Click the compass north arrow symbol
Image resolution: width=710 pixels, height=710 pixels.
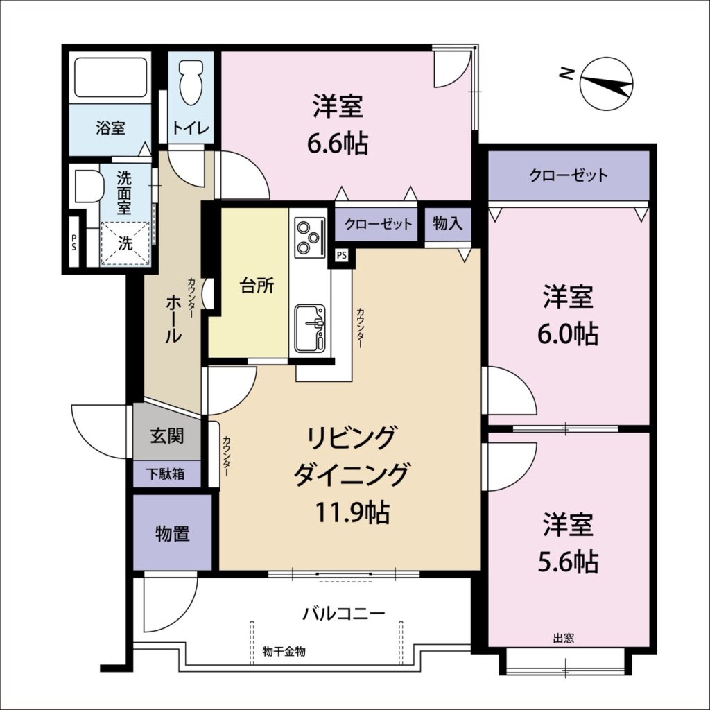click(x=606, y=83)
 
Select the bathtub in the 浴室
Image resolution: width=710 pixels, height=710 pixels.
click(x=110, y=77)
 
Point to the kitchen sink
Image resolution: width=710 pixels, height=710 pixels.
click(x=310, y=328)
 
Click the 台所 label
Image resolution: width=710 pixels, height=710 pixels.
click(x=257, y=286)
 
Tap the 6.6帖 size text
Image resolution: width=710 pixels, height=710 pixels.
click(x=338, y=144)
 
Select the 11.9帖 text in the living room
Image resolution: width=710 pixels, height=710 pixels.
click(x=352, y=512)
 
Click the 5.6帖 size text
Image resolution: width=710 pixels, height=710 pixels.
click(x=568, y=562)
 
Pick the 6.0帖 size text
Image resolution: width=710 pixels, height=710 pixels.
click(x=568, y=334)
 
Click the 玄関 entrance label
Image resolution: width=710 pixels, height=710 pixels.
click(x=167, y=435)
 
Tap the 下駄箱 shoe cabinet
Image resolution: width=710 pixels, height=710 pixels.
click(x=166, y=474)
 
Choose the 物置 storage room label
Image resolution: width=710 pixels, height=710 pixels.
click(x=173, y=533)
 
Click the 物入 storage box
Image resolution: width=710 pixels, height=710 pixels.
click(x=448, y=224)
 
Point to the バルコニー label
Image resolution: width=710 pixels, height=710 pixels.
click(x=344, y=614)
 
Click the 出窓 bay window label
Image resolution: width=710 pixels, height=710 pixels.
click(x=564, y=639)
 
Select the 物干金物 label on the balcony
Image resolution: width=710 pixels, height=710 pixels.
click(x=284, y=652)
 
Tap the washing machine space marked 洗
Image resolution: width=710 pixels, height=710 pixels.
click(x=125, y=243)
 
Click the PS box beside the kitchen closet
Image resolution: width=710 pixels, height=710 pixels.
click(x=342, y=255)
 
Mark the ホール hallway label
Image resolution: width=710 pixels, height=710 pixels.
click(x=173, y=319)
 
